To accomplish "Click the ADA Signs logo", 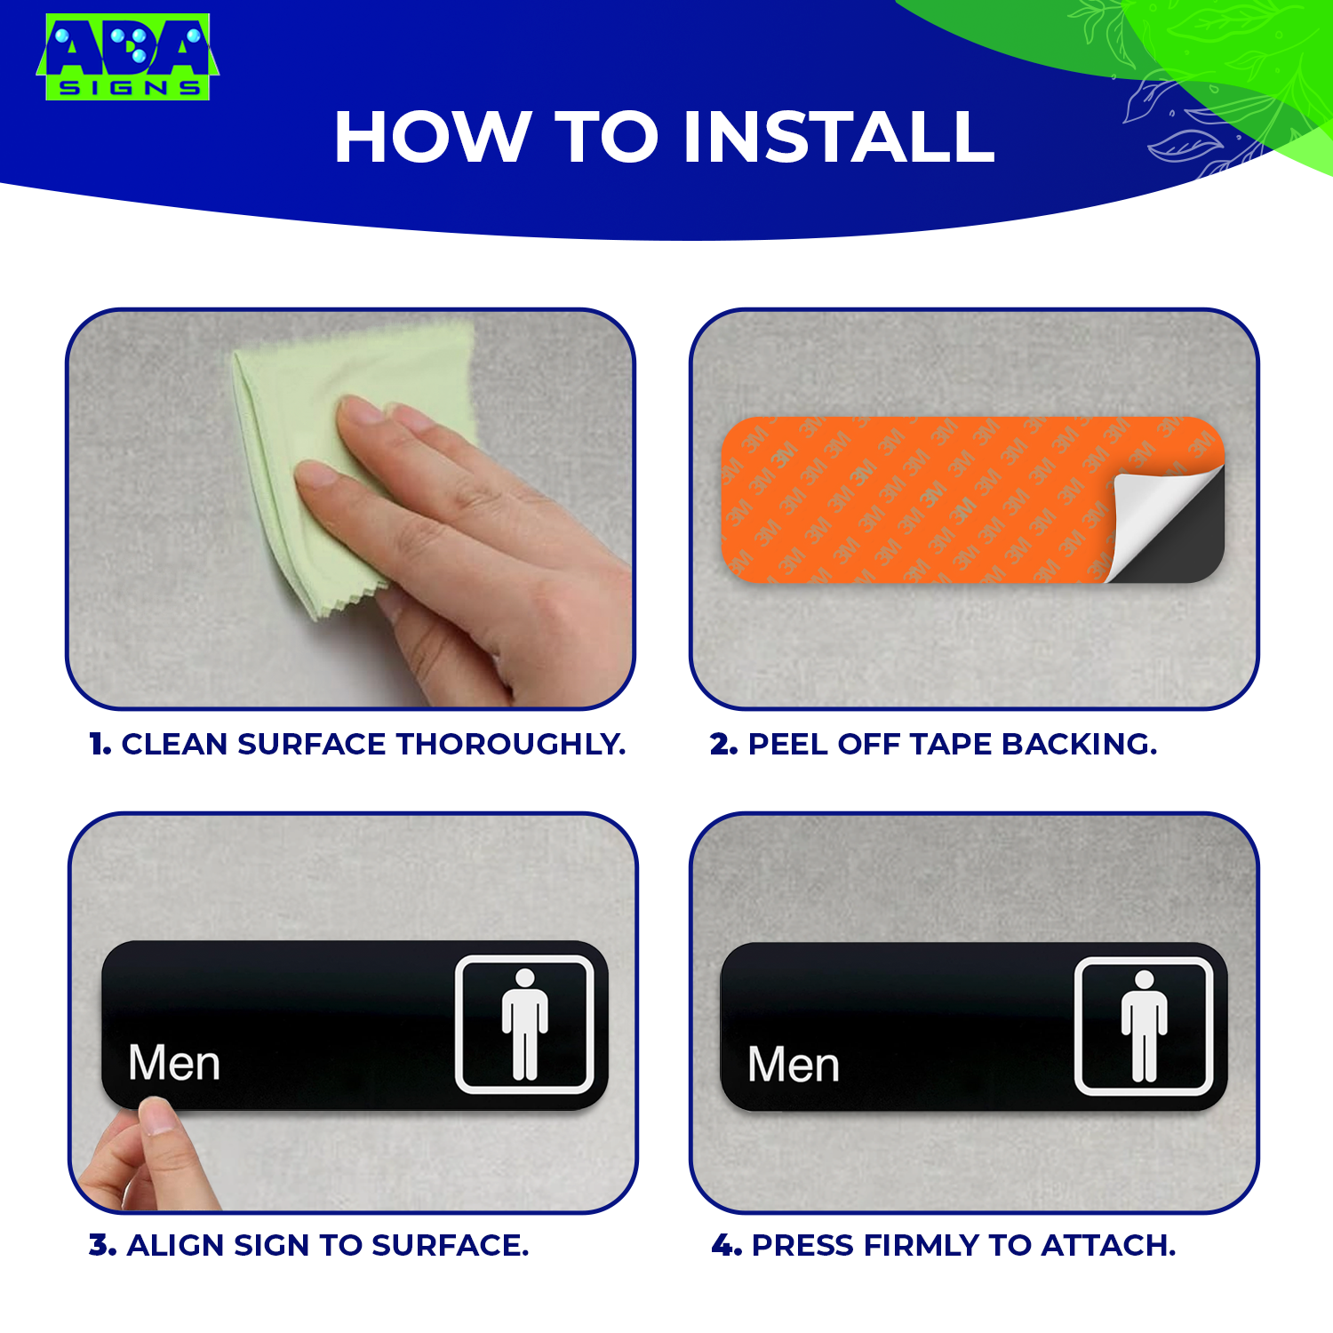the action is pyautogui.click(x=127, y=57).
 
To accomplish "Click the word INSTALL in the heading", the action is pyautogui.click(x=839, y=138).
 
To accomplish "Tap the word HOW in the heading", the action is pyautogui.click(x=433, y=138).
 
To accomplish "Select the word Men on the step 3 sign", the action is pyautogui.click(x=174, y=1063).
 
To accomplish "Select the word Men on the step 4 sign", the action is pyautogui.click(x=794, y=1065).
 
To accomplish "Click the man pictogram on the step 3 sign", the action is pyautogui.click(x=525, y=1024).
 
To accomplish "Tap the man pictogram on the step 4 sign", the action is pyautogui.click(x=1144, y=1026).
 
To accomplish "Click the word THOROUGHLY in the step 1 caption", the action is pyautogui.click(x=510, y=744).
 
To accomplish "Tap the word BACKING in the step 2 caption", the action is pyautogui.click(x=1080, y=744).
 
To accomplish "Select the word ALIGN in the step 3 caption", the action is pyautogui.click(x=176, y=1245).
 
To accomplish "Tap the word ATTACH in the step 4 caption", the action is pyautogui.click(x=1108, y=1245).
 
